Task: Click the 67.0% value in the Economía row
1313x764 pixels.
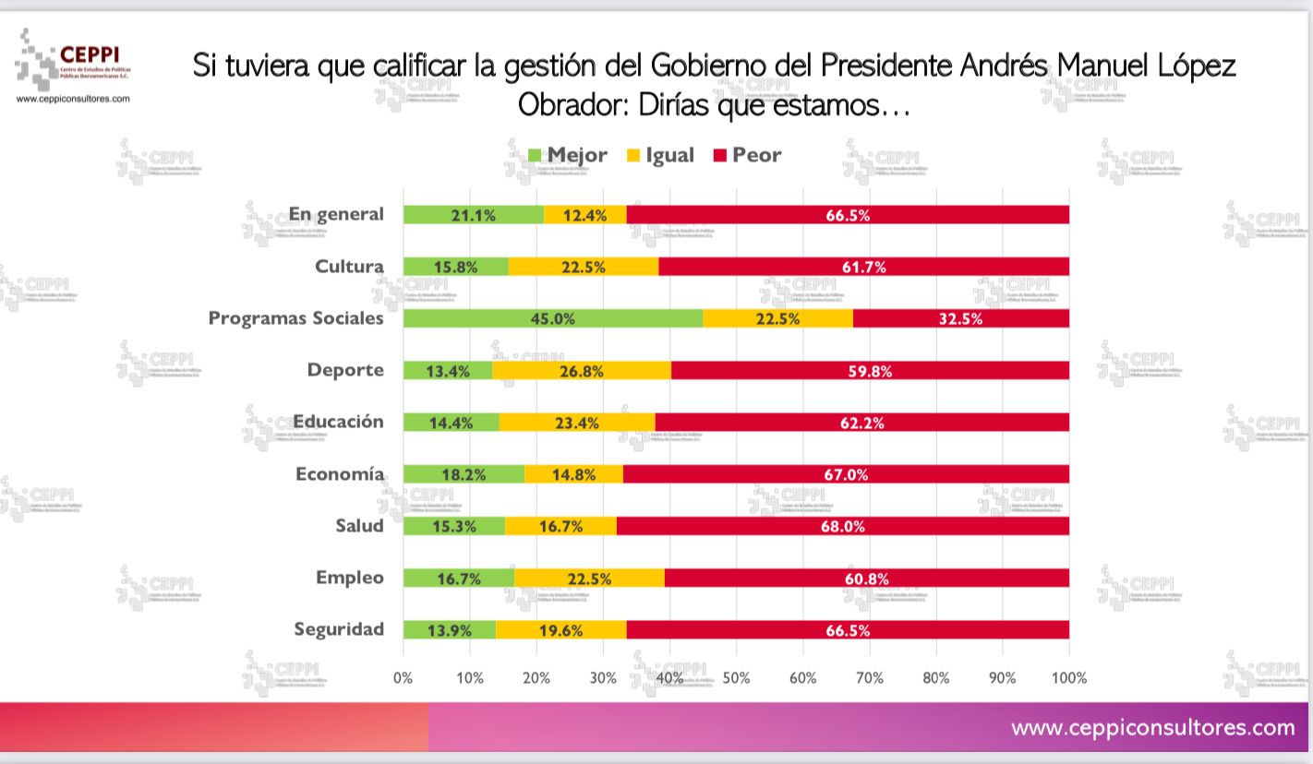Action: pyautogui.click(x=847, y=474)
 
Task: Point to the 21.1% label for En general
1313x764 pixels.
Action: pyautogui.click(x=474, y=215)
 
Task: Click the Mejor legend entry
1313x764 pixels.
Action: pyautogui.click(x=567, y=155)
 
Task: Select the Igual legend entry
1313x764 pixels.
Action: pyautogui.click(x=660, y=155)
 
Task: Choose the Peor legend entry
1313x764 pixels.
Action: pyautogui.click(x=747, y=155)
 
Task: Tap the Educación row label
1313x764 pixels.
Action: pyautogui.click(x=338, y=422)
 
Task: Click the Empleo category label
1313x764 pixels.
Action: pyautogui.click(x=349, y=578)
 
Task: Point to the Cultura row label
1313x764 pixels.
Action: pyautogui.click(x=349, y=267)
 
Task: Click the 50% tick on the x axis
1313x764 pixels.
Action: pyautogui.click(x=736, y=678)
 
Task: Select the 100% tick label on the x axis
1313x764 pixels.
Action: pyautogui.click(x=1069, y=678)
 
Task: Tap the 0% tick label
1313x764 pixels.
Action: pyautogui.click(x=404, y=678)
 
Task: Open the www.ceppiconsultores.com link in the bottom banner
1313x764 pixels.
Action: pyautogui.click(x=1152, y=727)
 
